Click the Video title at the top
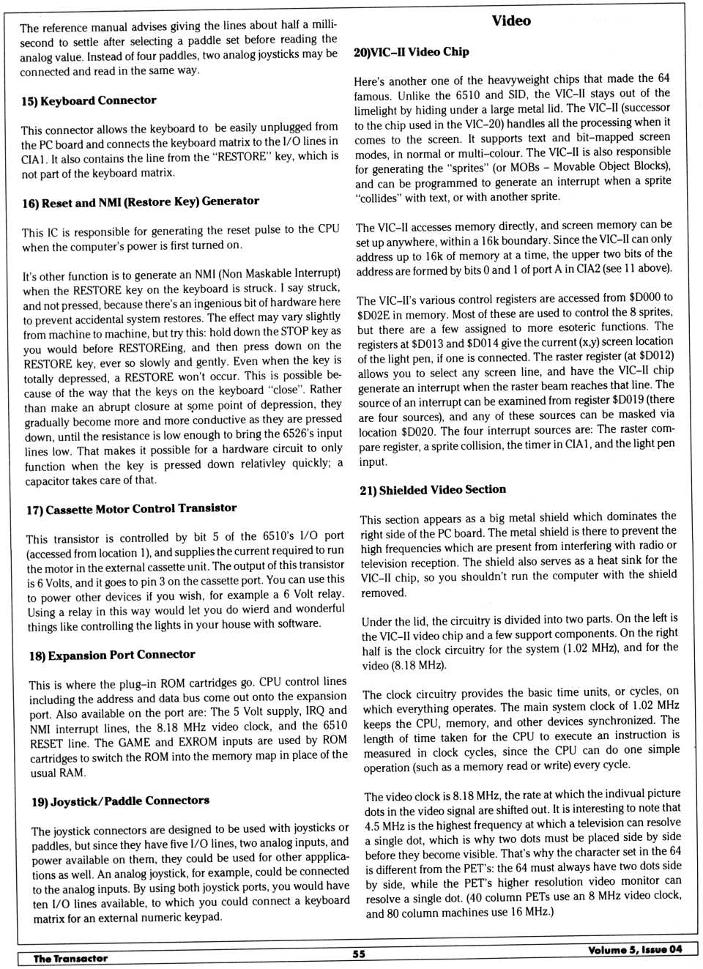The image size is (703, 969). click(x=511, y=21)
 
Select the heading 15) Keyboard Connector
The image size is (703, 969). click(x=89, y=100)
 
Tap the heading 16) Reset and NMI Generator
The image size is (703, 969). click(x=141, y=201)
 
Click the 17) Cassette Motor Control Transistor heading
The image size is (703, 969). click(x=132, y=508)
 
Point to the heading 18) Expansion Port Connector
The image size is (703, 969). click(x=112, y=655)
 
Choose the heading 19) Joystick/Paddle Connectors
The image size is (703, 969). click(x=120, y=801)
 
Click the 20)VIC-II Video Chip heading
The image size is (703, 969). click(x=411, y=51)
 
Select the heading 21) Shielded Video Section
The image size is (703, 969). click(x=433, y=489)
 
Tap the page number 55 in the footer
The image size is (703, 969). click(x=359, y=954)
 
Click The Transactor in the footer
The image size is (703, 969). click(x=70, y=958)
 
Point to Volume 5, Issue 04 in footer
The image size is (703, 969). click(x=634, y=949)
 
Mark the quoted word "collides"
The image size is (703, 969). click(x=379, y=198)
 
